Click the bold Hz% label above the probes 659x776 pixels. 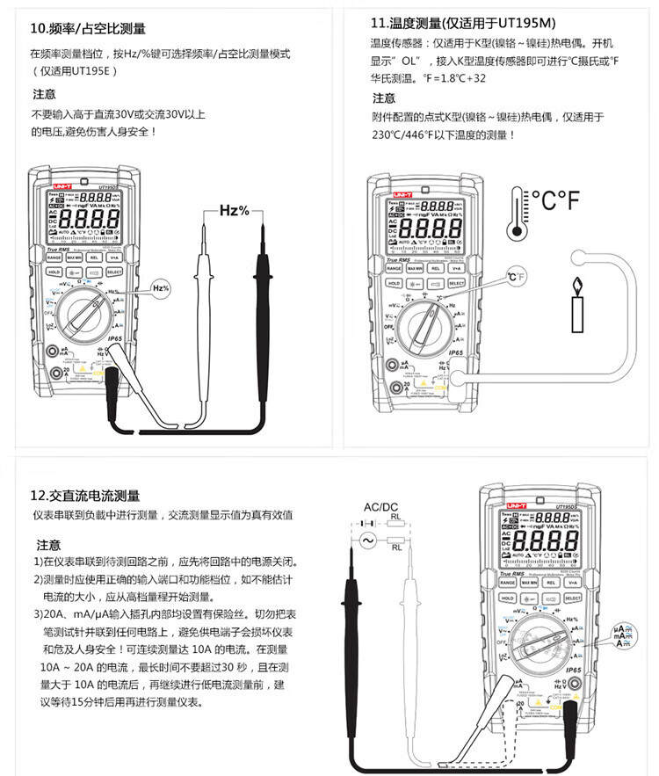(x=234, y=211)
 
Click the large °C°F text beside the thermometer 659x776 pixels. (x=555, y=201)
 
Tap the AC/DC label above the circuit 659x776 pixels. (x=381, y=507)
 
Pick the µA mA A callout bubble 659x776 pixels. (x=624, y=635)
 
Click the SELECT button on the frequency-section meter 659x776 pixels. (x=114, y=272)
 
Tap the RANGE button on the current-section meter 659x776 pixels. (x=508, y=582)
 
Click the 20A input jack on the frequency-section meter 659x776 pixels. (x=64, y=372)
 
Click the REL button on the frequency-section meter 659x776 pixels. (x=94, y=257)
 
